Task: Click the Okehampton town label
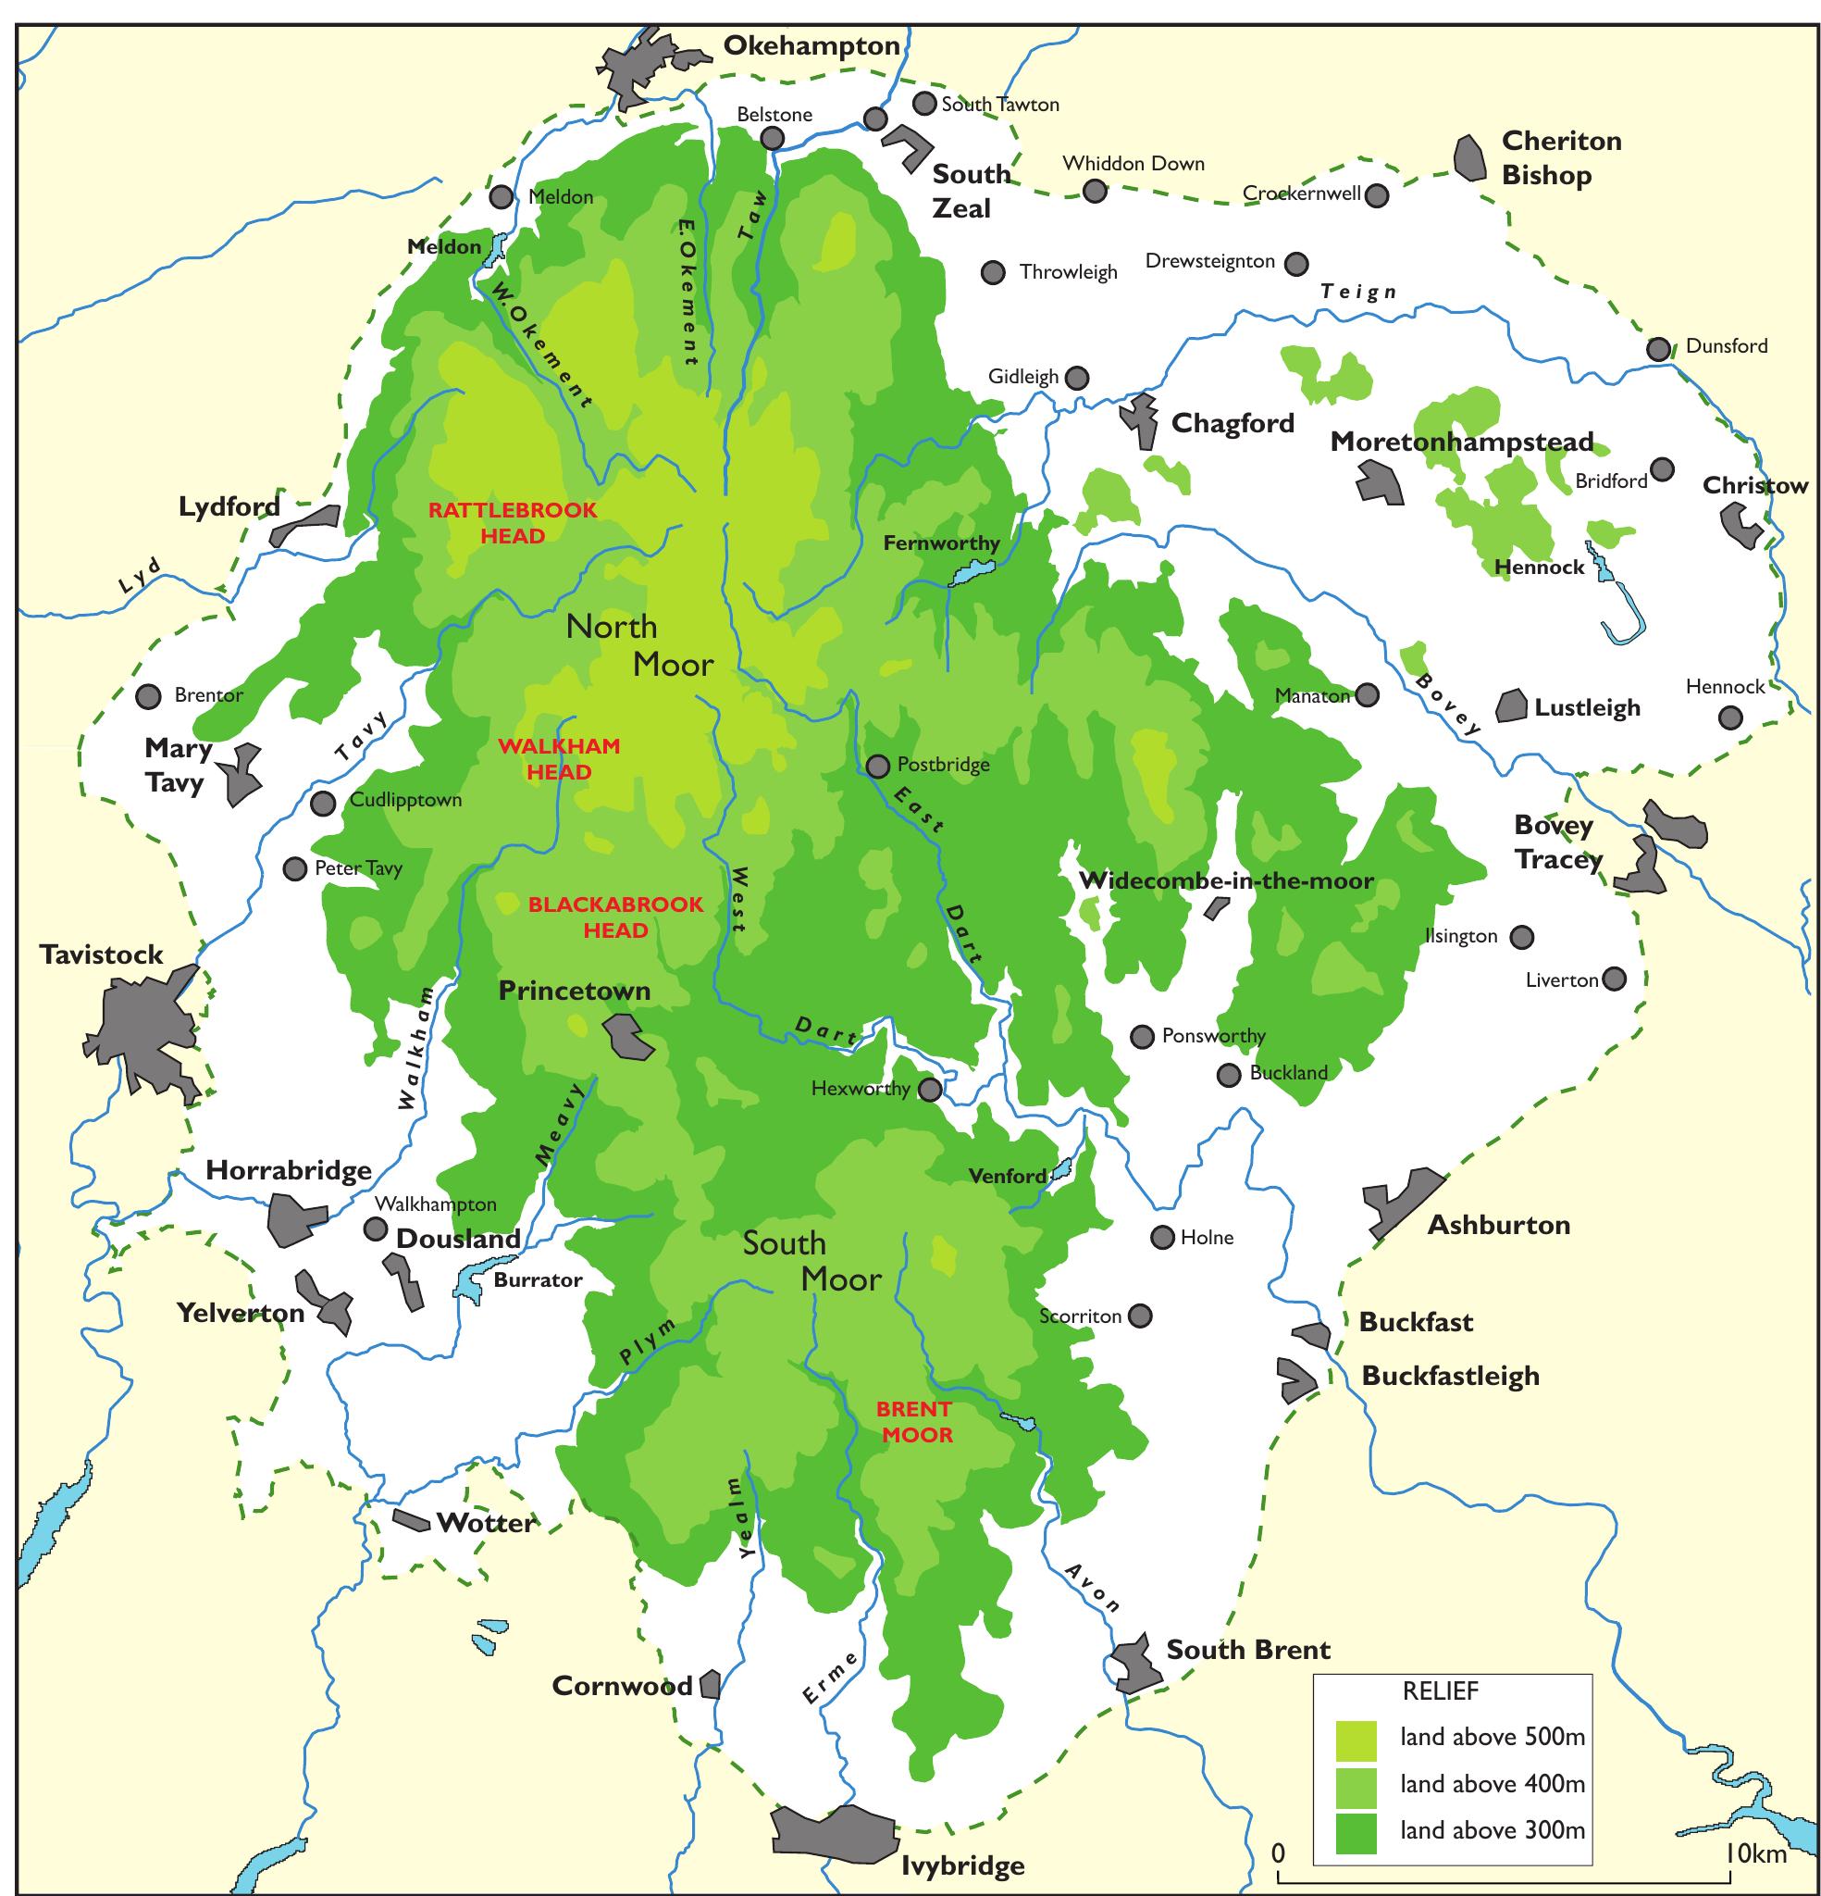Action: pyautogui.click(x=811, y=45)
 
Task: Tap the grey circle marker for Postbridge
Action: pyautogui.click(x=877, y=767)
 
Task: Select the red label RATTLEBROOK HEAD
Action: pyautogui.click(x=513, y=522)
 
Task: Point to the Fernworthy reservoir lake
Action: pyautogui.click(x=968, y=577)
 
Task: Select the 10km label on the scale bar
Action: pyautogui.click(x=1756, y=1853)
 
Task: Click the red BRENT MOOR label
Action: pyautogui.click(x=915, y=1422)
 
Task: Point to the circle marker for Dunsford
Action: pyautogui.click(x=1658, y=349)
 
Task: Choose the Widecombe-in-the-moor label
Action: pyautogui.click(x=1225, y=881)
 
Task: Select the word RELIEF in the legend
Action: pyautogui.click(x=1440, y=1690)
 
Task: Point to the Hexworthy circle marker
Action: pyautogui.click(x=929, y=1091)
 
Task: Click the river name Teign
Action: pyautogui.click(x=1358, y=292)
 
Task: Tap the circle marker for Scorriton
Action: pyautogui.click(x=1141, y=1316)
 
